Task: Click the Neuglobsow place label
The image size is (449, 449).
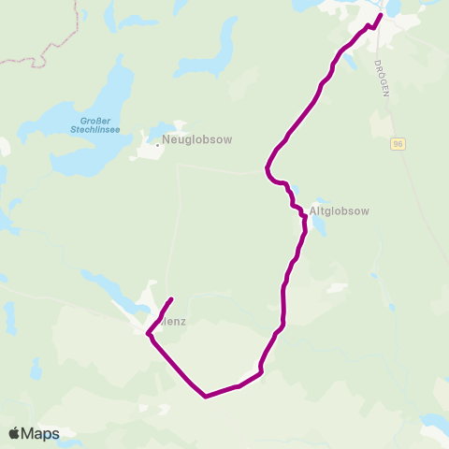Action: coord(196,139)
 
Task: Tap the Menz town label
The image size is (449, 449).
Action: coord(174,321)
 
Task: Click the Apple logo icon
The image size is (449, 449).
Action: coord(15,434)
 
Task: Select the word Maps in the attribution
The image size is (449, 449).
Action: coord(42,434)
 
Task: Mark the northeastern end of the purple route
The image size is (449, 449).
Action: coord(381,14)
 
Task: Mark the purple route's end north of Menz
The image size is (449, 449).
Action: coord(171,299)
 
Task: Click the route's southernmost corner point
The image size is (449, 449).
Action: coord(205,396)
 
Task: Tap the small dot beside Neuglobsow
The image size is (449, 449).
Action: coord(156,144)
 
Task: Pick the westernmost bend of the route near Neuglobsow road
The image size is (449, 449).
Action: coord(267,168)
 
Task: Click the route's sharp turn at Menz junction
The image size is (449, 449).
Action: coord(149,333)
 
